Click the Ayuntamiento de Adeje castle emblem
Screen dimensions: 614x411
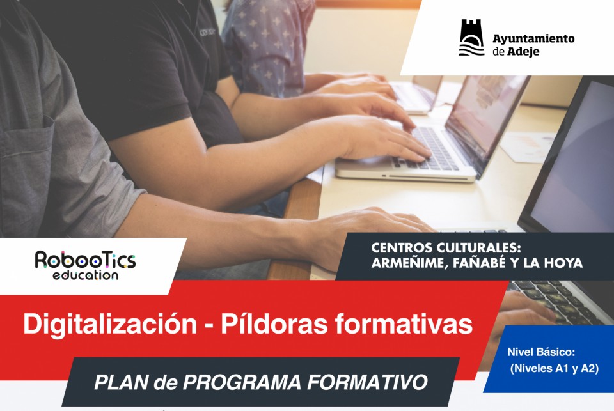coord(471,38)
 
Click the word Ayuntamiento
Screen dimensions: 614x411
coord(533,39)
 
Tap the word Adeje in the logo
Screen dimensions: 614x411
coord(523,52)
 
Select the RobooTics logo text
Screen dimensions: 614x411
coord(85,260)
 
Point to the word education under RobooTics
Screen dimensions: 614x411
coord(85,275)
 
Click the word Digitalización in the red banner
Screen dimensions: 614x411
coord(110,324)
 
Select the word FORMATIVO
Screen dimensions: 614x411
coord(367,382)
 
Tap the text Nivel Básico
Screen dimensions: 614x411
coord(541,352)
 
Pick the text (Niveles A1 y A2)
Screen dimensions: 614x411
coord(554,368)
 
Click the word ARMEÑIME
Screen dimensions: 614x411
coord(410,263)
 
